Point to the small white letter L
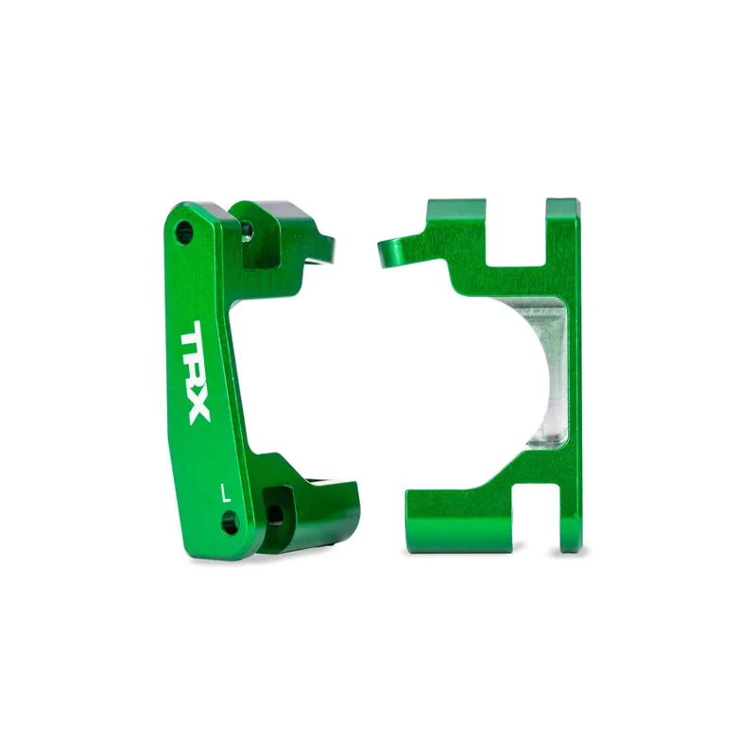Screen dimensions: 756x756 [x=224, y=491]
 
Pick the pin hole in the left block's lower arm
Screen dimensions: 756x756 [x=274, y=513]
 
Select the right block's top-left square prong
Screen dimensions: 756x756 [x=455, y=227]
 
